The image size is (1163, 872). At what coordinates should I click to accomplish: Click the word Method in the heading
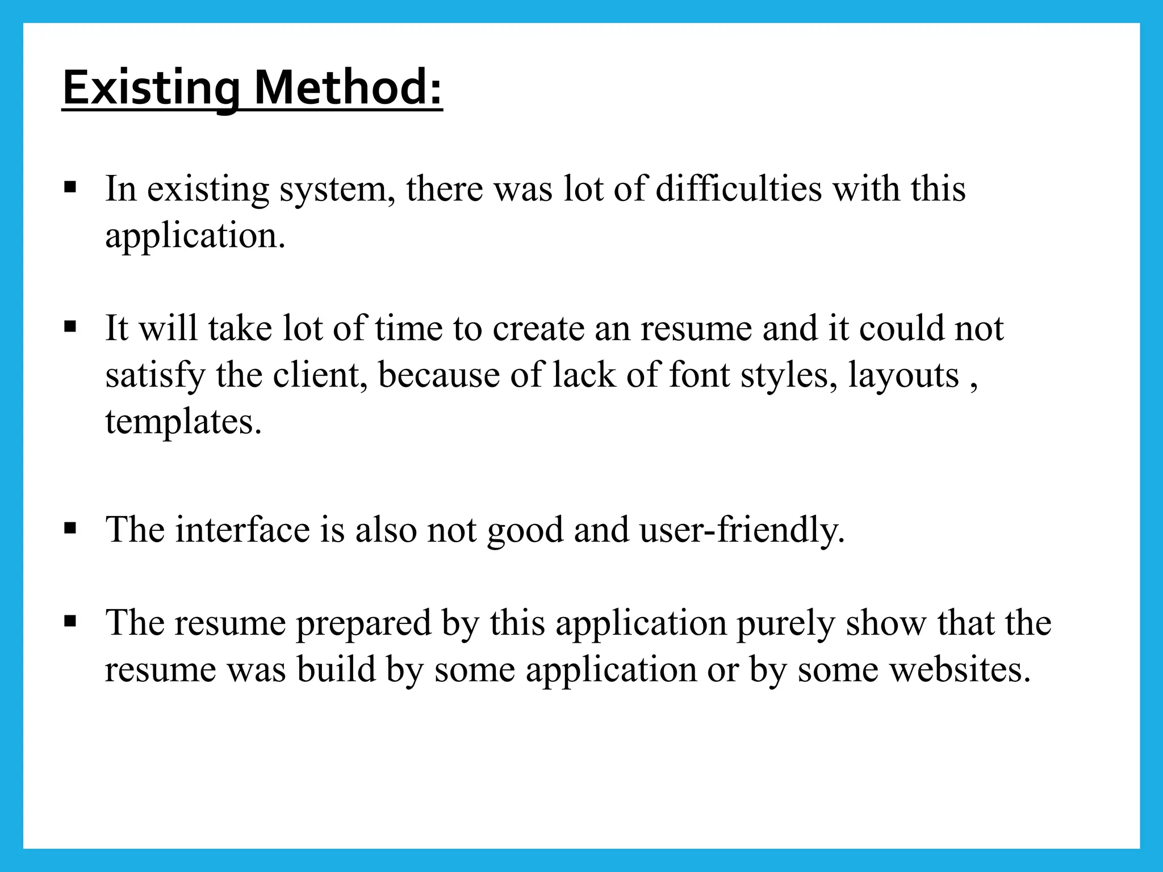(348, 88)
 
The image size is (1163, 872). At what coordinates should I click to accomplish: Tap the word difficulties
(738, 188)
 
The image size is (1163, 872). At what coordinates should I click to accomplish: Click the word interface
(242, 530)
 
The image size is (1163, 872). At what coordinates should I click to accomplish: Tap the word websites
(959, 669)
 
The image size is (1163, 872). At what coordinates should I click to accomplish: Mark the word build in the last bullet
(336, 669)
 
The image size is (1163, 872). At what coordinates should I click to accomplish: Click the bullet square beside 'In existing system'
(70, 187)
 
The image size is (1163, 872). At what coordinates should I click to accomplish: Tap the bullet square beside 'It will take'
(70, 326)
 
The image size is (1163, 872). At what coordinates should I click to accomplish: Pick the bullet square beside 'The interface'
(70, 529)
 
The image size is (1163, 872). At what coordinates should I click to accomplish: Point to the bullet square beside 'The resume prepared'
(70, 621)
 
